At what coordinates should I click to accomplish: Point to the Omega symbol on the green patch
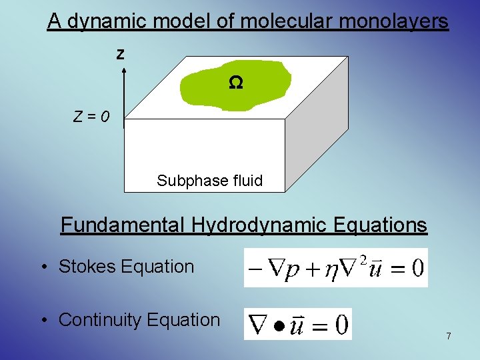point(236,83)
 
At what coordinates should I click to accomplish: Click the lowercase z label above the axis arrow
point(120,55)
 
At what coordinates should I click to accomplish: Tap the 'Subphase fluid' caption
point(209,180)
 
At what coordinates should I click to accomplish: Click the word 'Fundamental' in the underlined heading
point(120,225)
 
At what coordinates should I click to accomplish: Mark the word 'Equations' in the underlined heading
point(378,225)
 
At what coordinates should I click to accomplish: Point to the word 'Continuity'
point(100,320)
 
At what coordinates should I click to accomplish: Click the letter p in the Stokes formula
point(292,271)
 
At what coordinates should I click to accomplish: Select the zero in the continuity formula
point(341,325)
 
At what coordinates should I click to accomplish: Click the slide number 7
point(448,337)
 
